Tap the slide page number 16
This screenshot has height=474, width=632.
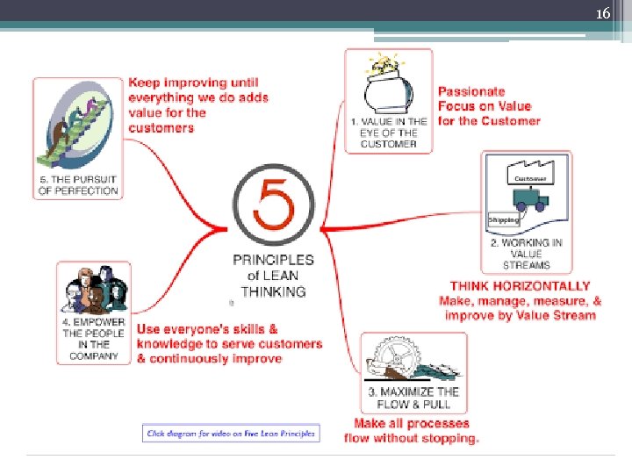(602, 14)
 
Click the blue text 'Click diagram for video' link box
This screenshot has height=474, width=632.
(232, 434)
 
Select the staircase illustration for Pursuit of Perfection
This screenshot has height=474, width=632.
(77, 127)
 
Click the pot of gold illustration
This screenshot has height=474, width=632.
(387, 83)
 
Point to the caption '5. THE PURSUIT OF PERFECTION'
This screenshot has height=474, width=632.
(78, 185)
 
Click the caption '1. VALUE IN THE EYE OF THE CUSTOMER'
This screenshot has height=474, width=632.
(388, 133)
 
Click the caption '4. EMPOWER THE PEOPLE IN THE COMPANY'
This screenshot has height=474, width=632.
(93, 338)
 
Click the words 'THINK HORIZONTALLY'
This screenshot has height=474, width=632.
(520, 286)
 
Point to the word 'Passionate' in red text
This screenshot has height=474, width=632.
(471, 91)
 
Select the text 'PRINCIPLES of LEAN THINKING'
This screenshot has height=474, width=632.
(272, 276)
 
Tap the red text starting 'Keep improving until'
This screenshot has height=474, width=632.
(198, 104)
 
